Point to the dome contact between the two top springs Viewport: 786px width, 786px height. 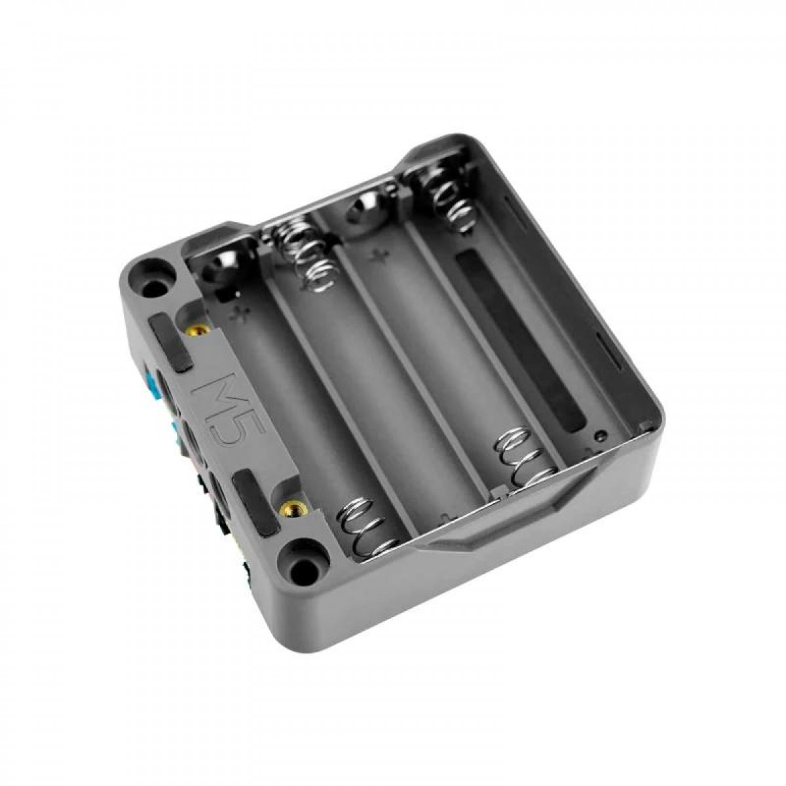[364, 208]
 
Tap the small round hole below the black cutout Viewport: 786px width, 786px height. [598, 435]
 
